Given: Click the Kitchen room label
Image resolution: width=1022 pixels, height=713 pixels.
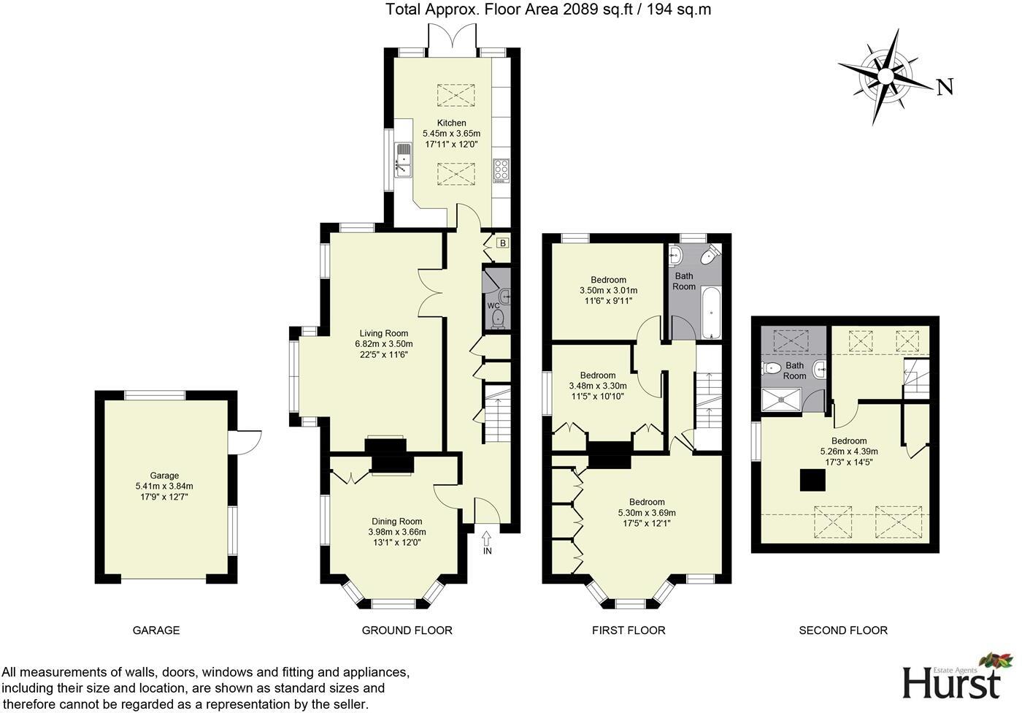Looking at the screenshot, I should (451, 123).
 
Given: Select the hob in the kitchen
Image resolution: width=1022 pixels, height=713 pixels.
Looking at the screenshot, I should (502, 169).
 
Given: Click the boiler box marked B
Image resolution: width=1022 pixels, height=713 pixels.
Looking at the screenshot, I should (502, 243).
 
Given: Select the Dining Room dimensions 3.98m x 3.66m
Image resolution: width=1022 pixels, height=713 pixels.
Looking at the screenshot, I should (396, 532).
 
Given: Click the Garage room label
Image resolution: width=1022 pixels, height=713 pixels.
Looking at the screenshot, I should (164, 475).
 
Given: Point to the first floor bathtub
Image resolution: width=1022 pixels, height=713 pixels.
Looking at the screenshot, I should (711, 313).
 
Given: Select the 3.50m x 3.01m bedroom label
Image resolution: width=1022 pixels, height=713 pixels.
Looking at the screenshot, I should (608, 290).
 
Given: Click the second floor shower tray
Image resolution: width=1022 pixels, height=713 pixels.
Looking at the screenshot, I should (782, 399).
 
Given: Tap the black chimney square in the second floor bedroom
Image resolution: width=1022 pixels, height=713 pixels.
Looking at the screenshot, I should (813, 481).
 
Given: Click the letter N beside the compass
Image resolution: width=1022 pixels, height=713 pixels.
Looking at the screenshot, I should (945, 88).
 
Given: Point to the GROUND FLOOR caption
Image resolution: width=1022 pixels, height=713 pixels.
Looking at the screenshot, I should (407, 630).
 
